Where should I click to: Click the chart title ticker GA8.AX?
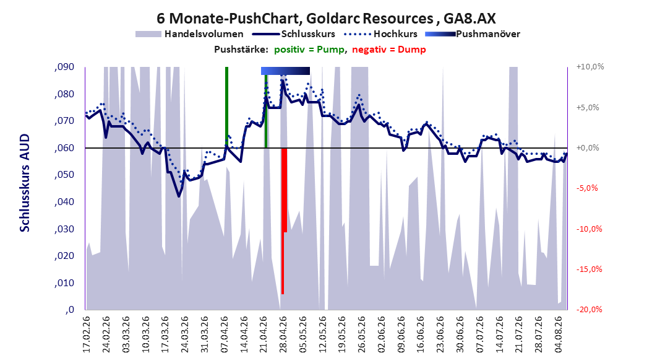point(470,19)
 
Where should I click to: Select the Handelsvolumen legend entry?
point(190,34)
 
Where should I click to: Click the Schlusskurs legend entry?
point(294,34)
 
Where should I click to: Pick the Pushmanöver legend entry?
point(473,34)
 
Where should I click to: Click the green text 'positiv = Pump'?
point(309,50)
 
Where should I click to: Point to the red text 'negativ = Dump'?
point(389,50)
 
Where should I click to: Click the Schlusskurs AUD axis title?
point(25,183)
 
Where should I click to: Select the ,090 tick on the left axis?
point(64,67)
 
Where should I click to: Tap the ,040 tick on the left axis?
point(64,202)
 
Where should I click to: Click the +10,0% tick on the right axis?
point(590,67)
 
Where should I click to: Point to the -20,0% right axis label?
point(589,309)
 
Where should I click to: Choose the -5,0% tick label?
point(587,188)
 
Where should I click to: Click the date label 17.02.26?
point(87,335)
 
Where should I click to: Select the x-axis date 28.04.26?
point(283,335)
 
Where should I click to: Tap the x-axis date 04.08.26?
point(559,335)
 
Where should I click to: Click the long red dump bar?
point(283,221)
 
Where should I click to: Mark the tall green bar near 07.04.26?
point(226,107)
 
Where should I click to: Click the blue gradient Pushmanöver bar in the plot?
point(285,71)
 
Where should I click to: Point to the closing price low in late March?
point(179,196)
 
